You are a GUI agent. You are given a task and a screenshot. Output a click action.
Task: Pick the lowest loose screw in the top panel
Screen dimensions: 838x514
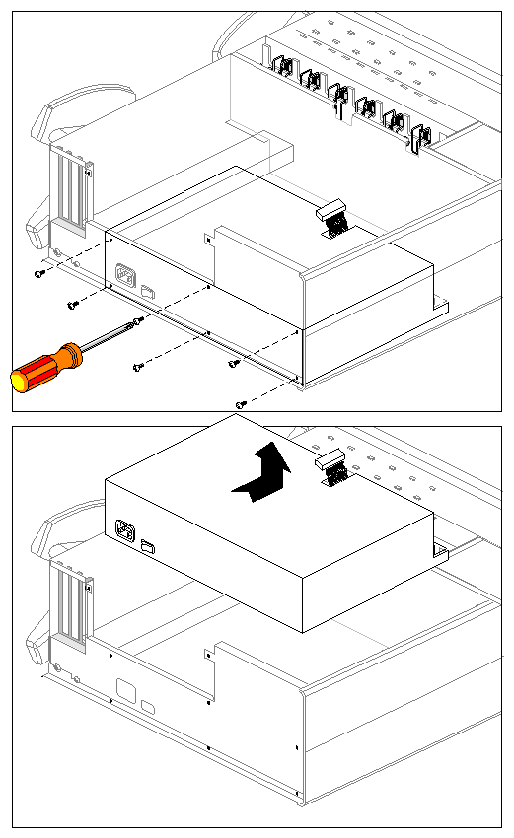240,404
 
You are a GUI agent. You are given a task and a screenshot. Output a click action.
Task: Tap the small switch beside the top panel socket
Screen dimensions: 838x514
149,291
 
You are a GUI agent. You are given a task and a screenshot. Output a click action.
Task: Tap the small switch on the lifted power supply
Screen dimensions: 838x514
149,545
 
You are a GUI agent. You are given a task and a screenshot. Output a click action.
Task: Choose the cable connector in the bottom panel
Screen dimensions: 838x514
334,471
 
